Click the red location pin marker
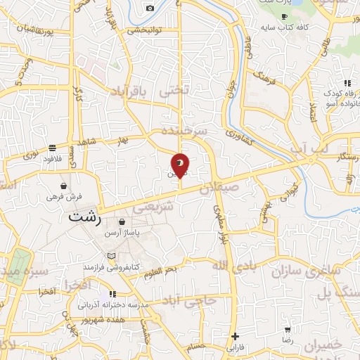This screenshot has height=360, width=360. tap(180, 165)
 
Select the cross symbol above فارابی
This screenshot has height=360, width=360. tap(236, 337)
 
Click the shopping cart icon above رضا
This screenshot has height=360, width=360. tap(288, 330)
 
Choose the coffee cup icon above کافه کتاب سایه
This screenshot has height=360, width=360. tap(284, 15)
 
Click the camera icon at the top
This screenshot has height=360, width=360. tap(150, 8)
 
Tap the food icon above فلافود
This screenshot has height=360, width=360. tap(53, 148)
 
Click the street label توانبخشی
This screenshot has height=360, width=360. tap(146, 31)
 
